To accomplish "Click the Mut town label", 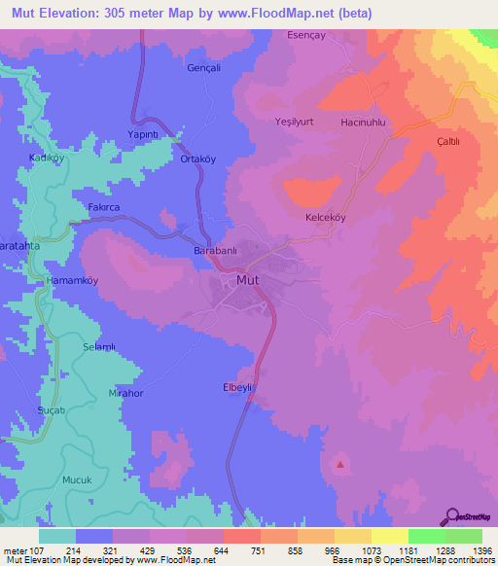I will point(247,281).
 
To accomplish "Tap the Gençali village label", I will point(204,69).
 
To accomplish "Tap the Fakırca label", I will point(104,206).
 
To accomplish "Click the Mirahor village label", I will point(125,394).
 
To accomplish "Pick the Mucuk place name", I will point(77,479).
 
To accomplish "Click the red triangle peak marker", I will point(340,464).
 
